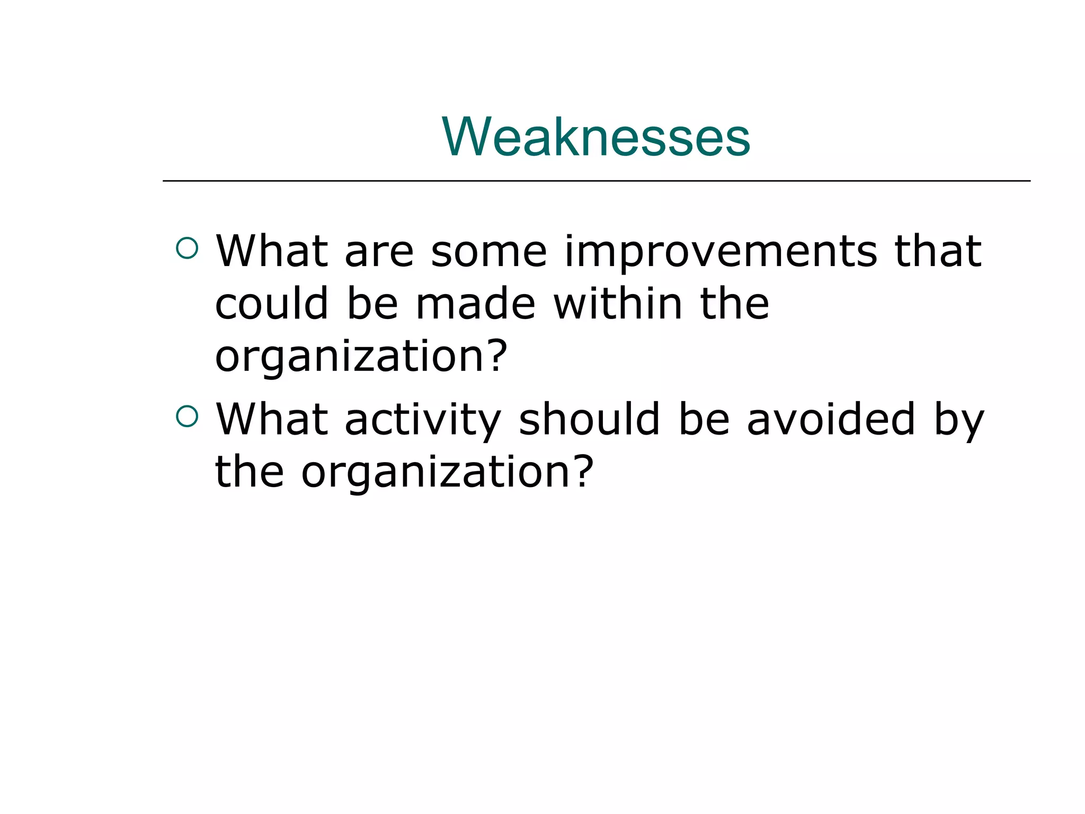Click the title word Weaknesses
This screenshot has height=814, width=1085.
click(x=595, y=137)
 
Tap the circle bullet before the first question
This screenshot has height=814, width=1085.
click(x=186, y=248)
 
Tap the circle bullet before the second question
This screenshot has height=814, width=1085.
click(x=186, y=416)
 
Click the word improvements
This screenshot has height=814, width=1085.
click(x=721, y=252)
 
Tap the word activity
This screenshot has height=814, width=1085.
click(x=422, y=421)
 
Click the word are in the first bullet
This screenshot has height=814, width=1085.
click(x=378, y=252)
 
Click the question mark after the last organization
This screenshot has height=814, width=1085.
click(x=583, y=471)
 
